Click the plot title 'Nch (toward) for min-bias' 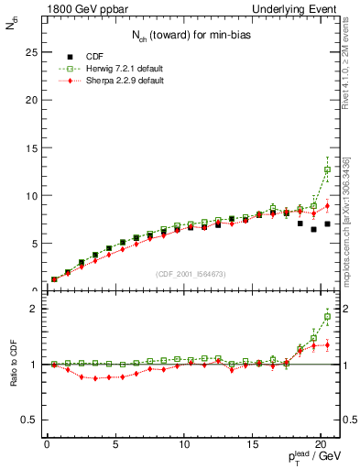point(189,35)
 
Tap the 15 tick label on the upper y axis point(30,147)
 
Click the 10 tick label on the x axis point(184,446)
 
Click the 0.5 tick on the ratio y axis point(28,420)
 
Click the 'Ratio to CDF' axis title point(13,365)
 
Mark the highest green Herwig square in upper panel point(327,169)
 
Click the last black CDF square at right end point(327,224)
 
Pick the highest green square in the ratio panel point(327,317)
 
